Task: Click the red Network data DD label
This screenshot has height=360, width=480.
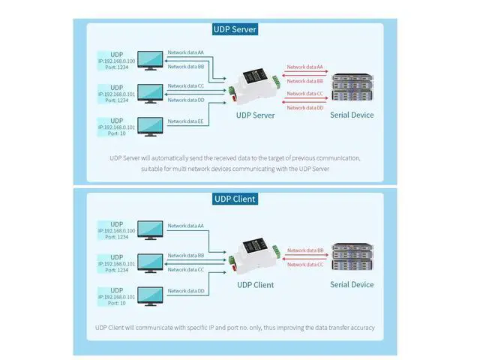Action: coord(305,108)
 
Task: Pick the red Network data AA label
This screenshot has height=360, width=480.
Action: coord(305,67)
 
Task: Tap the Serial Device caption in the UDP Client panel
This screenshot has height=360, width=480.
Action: coord(352,285)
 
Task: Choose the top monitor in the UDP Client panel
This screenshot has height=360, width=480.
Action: coord(151,229)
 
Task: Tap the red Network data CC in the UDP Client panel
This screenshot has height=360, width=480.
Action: coord(305,264)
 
